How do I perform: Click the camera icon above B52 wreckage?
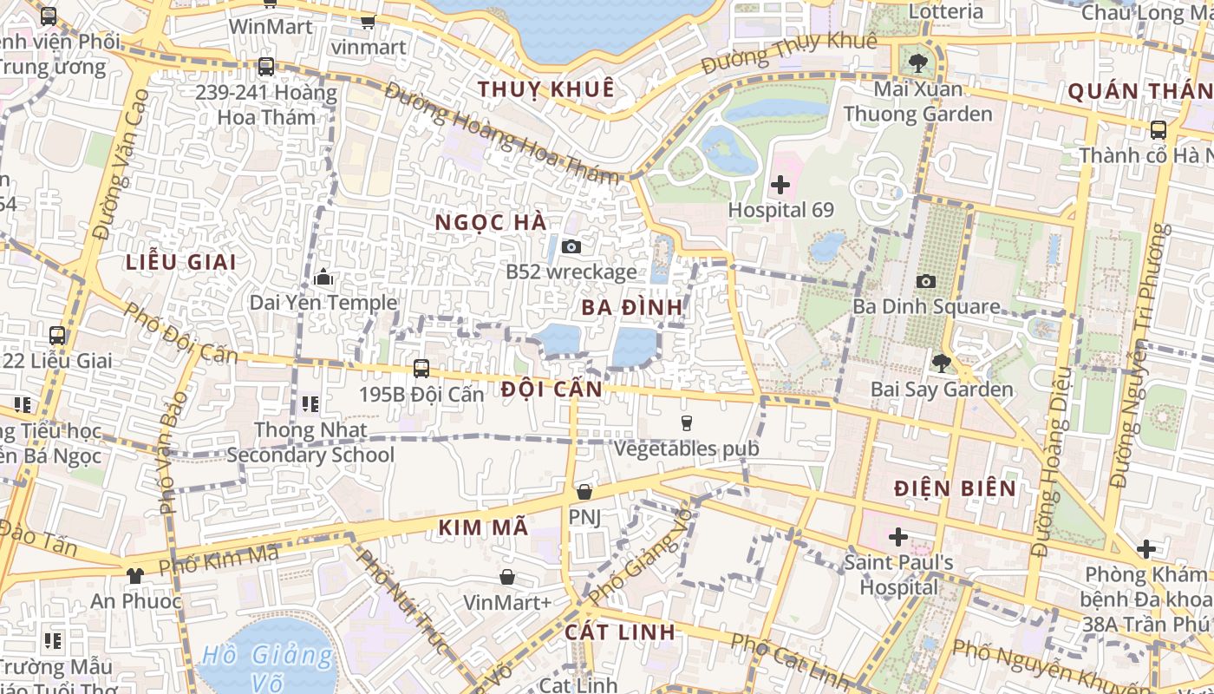(571, 246)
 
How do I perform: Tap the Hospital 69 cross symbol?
(780, 184)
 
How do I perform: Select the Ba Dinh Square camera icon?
(926, 281)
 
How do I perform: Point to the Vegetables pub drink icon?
(686, 423)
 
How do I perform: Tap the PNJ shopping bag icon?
(584, 492)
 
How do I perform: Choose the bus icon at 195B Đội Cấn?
(421, 368)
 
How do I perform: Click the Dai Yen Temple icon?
(324, 278)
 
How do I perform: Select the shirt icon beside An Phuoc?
(134, 575)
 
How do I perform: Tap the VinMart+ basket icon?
(507, 577)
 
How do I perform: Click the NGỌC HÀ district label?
(491, 222)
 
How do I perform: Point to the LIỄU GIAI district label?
(180, 262)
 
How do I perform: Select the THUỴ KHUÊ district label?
(545, 89)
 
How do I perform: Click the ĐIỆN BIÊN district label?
(956, 488)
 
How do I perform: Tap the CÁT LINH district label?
(619, 632)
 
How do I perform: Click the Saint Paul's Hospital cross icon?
(898, 537)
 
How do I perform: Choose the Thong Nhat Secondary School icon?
(310, 404)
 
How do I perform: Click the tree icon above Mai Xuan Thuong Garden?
(917, 62)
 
